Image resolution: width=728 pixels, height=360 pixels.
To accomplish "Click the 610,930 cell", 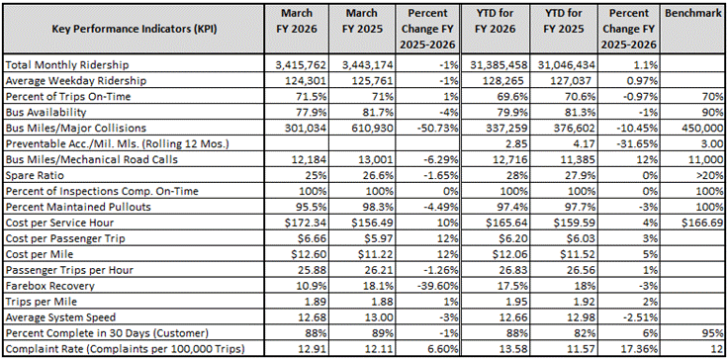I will coord(363,128).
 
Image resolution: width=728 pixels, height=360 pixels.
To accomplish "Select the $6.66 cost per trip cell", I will coord(300,238).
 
